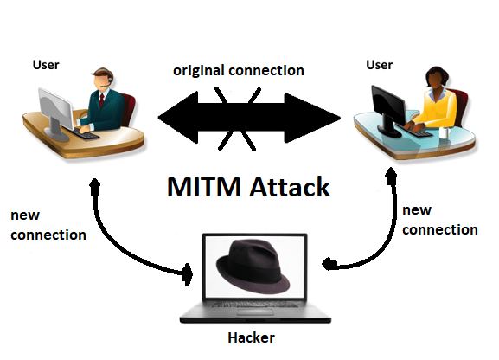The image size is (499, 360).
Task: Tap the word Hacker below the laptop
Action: [251, 337]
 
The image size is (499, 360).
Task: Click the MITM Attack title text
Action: [248, 187]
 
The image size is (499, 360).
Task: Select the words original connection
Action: [239, 70]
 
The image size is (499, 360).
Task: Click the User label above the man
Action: [46, 65]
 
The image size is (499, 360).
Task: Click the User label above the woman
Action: [379, 65]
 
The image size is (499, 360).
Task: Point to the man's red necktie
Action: [101, 100]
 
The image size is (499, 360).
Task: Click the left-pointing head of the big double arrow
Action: [178, 118]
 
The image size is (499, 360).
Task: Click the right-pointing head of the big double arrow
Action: [312, 118]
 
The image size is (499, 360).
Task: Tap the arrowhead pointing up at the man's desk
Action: [95, 186]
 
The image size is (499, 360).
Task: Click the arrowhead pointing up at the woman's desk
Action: [391, 177]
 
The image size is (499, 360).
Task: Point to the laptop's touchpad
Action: [255, 312]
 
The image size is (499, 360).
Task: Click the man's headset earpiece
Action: [110, 79]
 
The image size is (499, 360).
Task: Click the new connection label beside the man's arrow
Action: [48, 225]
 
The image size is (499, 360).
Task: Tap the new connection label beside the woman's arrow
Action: [440, 220]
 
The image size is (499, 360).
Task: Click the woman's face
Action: [433, 80]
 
